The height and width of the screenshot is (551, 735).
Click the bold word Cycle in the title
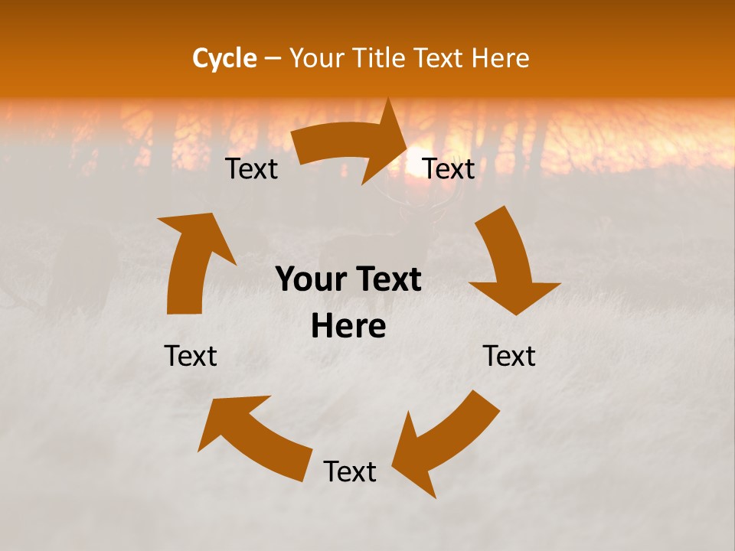coord(224,58)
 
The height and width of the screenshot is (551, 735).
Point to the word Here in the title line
coord(498,58)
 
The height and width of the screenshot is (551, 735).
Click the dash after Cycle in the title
coord(273,58)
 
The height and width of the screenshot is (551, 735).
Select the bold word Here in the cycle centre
coord(348,327)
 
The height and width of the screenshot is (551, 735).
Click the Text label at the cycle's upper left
coord(251,169)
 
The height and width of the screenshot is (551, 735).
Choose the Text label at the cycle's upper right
coord(449,169)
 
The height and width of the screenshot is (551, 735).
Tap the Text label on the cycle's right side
coord(509,356)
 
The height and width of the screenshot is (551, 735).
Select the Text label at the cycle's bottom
coord(350,471)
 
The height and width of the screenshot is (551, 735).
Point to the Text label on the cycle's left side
coord(191,356)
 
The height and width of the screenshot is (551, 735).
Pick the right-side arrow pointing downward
coord(511,264)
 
